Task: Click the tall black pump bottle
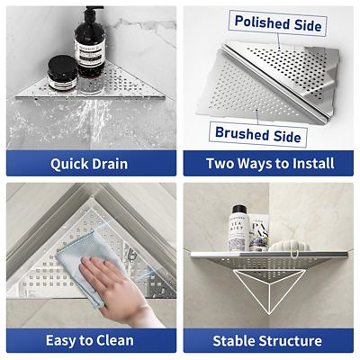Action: [x=91, y=56]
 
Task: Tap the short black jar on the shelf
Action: [x=60, y=74]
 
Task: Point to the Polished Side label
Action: [x=276, y=24]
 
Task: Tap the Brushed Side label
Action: [x=257, y=135]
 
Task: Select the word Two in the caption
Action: [x=221, y=164]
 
